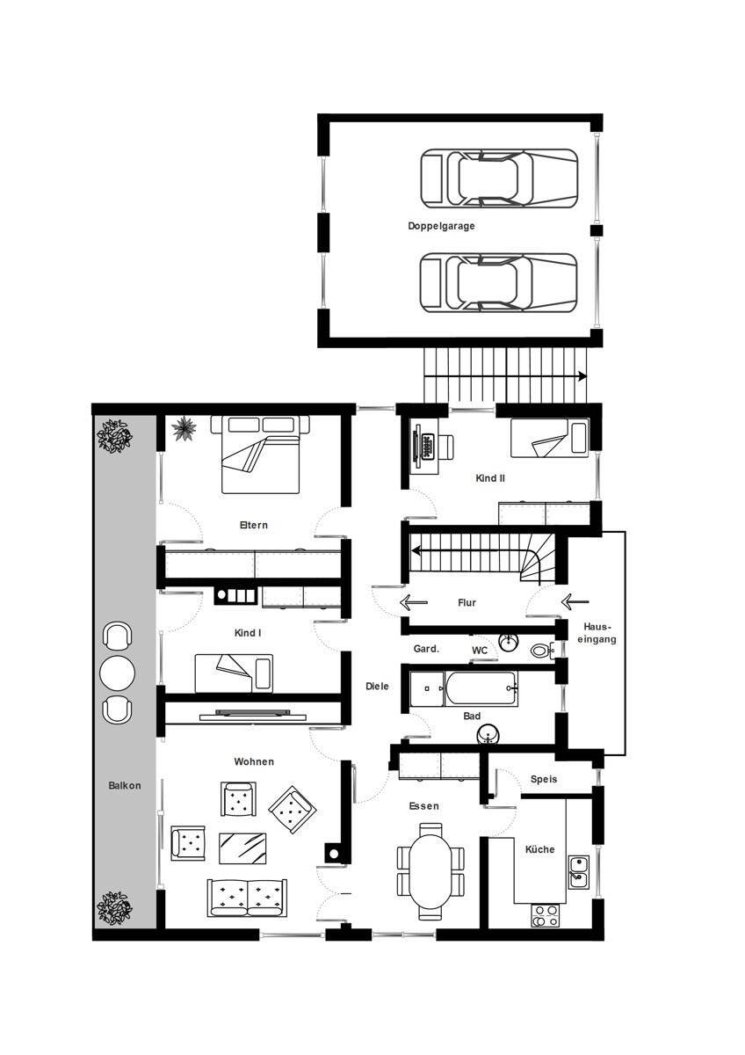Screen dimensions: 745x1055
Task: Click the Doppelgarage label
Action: pos(441,226)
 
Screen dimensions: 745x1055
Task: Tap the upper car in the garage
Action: pos(499,178)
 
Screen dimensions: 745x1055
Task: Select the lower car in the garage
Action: pos(499,282)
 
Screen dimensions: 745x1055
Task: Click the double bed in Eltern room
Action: pos(260,455)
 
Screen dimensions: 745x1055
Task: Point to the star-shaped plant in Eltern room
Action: pos(184,428)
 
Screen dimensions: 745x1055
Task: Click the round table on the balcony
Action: pos(117,673)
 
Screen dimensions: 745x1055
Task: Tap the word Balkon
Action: pos(124,785)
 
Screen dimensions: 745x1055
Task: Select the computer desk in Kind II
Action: pos(425,446)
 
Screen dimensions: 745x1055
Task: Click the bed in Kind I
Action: pos(234,673)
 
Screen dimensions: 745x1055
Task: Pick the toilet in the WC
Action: pos(542,651)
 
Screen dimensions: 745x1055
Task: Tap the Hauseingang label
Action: pos(597,633)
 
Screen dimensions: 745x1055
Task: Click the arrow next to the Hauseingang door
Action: pos(575,601)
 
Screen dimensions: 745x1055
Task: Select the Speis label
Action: pos(544,779)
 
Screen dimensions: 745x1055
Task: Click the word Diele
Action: pos(377,687)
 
